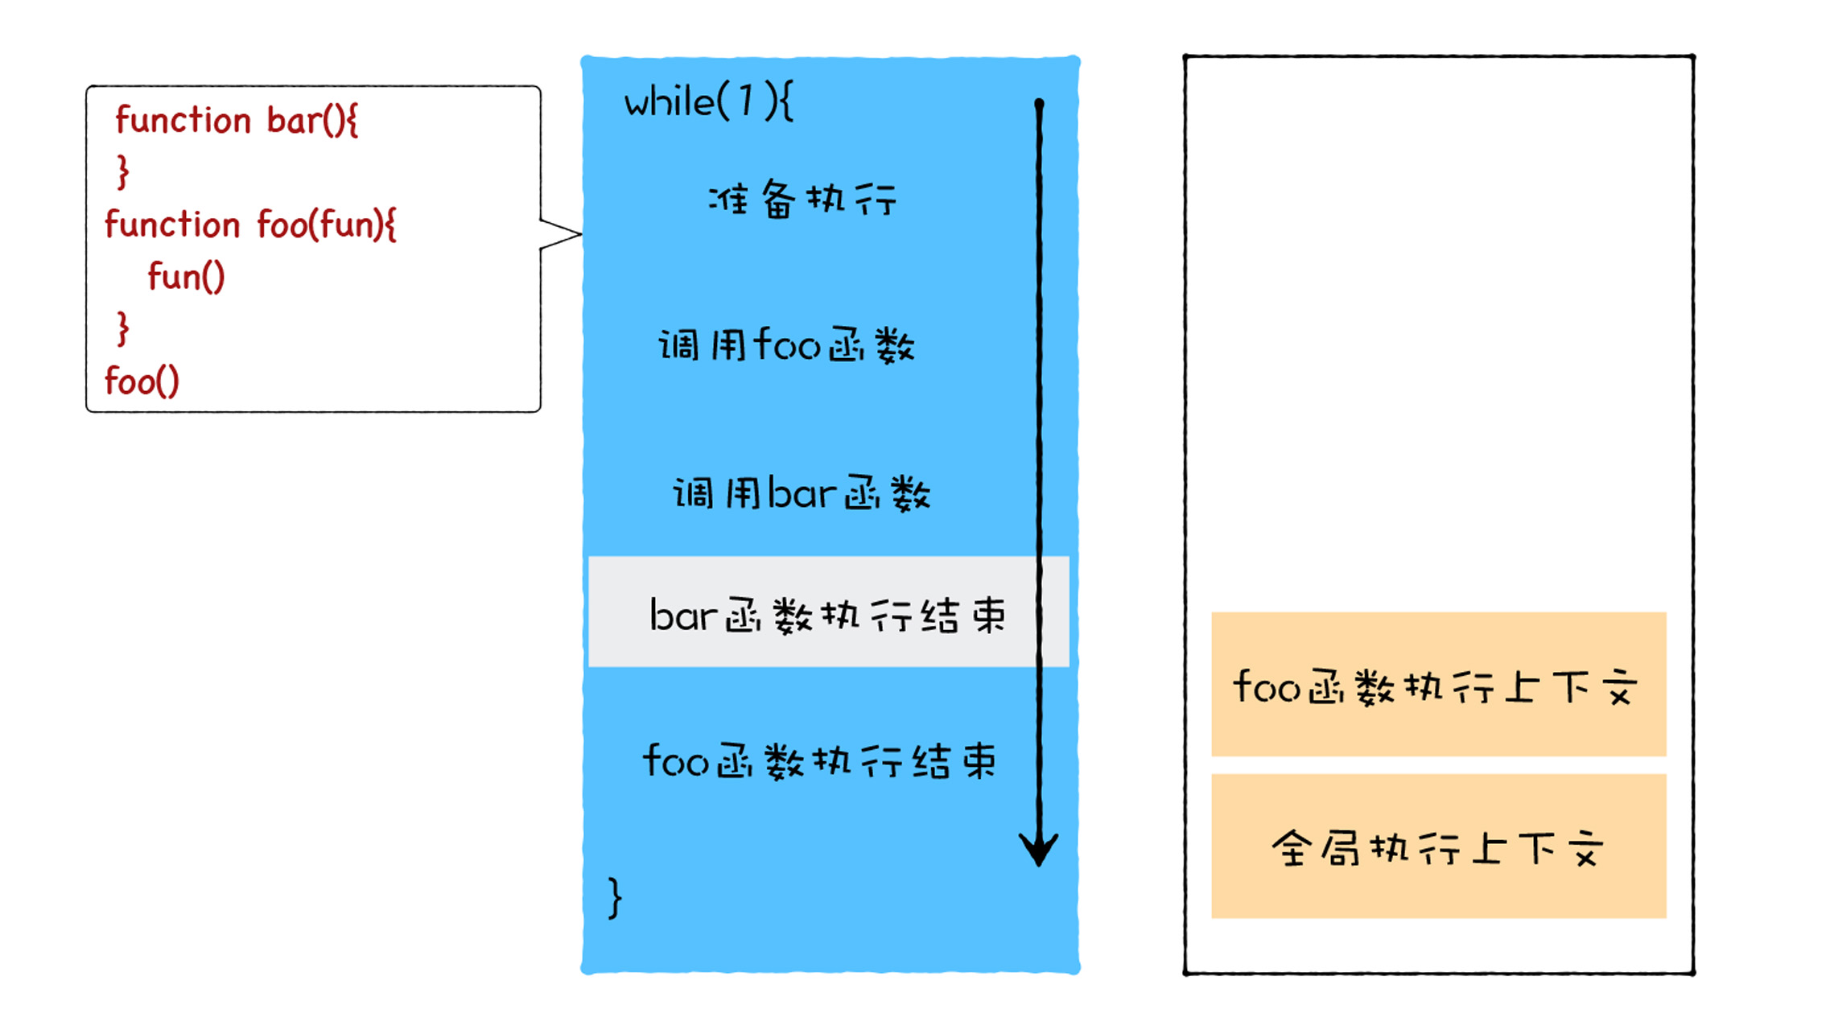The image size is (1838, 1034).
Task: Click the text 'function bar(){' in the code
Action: click(x=237, y=121)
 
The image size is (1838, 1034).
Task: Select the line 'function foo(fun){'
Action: click(x=250, y=225)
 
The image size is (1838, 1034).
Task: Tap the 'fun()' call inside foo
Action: click(x=186, y=277)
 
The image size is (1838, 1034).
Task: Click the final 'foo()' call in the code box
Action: click(x=142, y=381)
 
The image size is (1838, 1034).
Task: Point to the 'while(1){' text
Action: click(x=708, y=103)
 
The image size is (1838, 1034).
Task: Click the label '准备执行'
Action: click(x=802, y=199)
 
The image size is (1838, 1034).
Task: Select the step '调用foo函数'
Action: click(x=787, y=346)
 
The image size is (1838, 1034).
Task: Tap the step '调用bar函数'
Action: click(x=802, y=493)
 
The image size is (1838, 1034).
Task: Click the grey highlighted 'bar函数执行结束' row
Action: click(x=828, y=613)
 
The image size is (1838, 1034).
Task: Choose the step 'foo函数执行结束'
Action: click(x=819, y=761)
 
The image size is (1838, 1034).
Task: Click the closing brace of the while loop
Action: click(x=616, y=898)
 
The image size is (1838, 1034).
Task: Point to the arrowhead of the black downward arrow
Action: click(x=1039, y=851)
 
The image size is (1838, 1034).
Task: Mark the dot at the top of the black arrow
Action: click(x=1039, y=104)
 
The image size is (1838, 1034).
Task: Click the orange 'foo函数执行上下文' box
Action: click(x=1438, y=685)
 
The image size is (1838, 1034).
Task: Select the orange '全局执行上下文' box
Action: click(x=1438, y=847)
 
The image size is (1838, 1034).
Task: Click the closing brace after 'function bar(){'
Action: click(x=122, y=171)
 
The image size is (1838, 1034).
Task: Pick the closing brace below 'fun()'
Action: click(x=122, y=328)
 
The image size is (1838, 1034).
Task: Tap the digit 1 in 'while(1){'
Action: click(x=746, y=102)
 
